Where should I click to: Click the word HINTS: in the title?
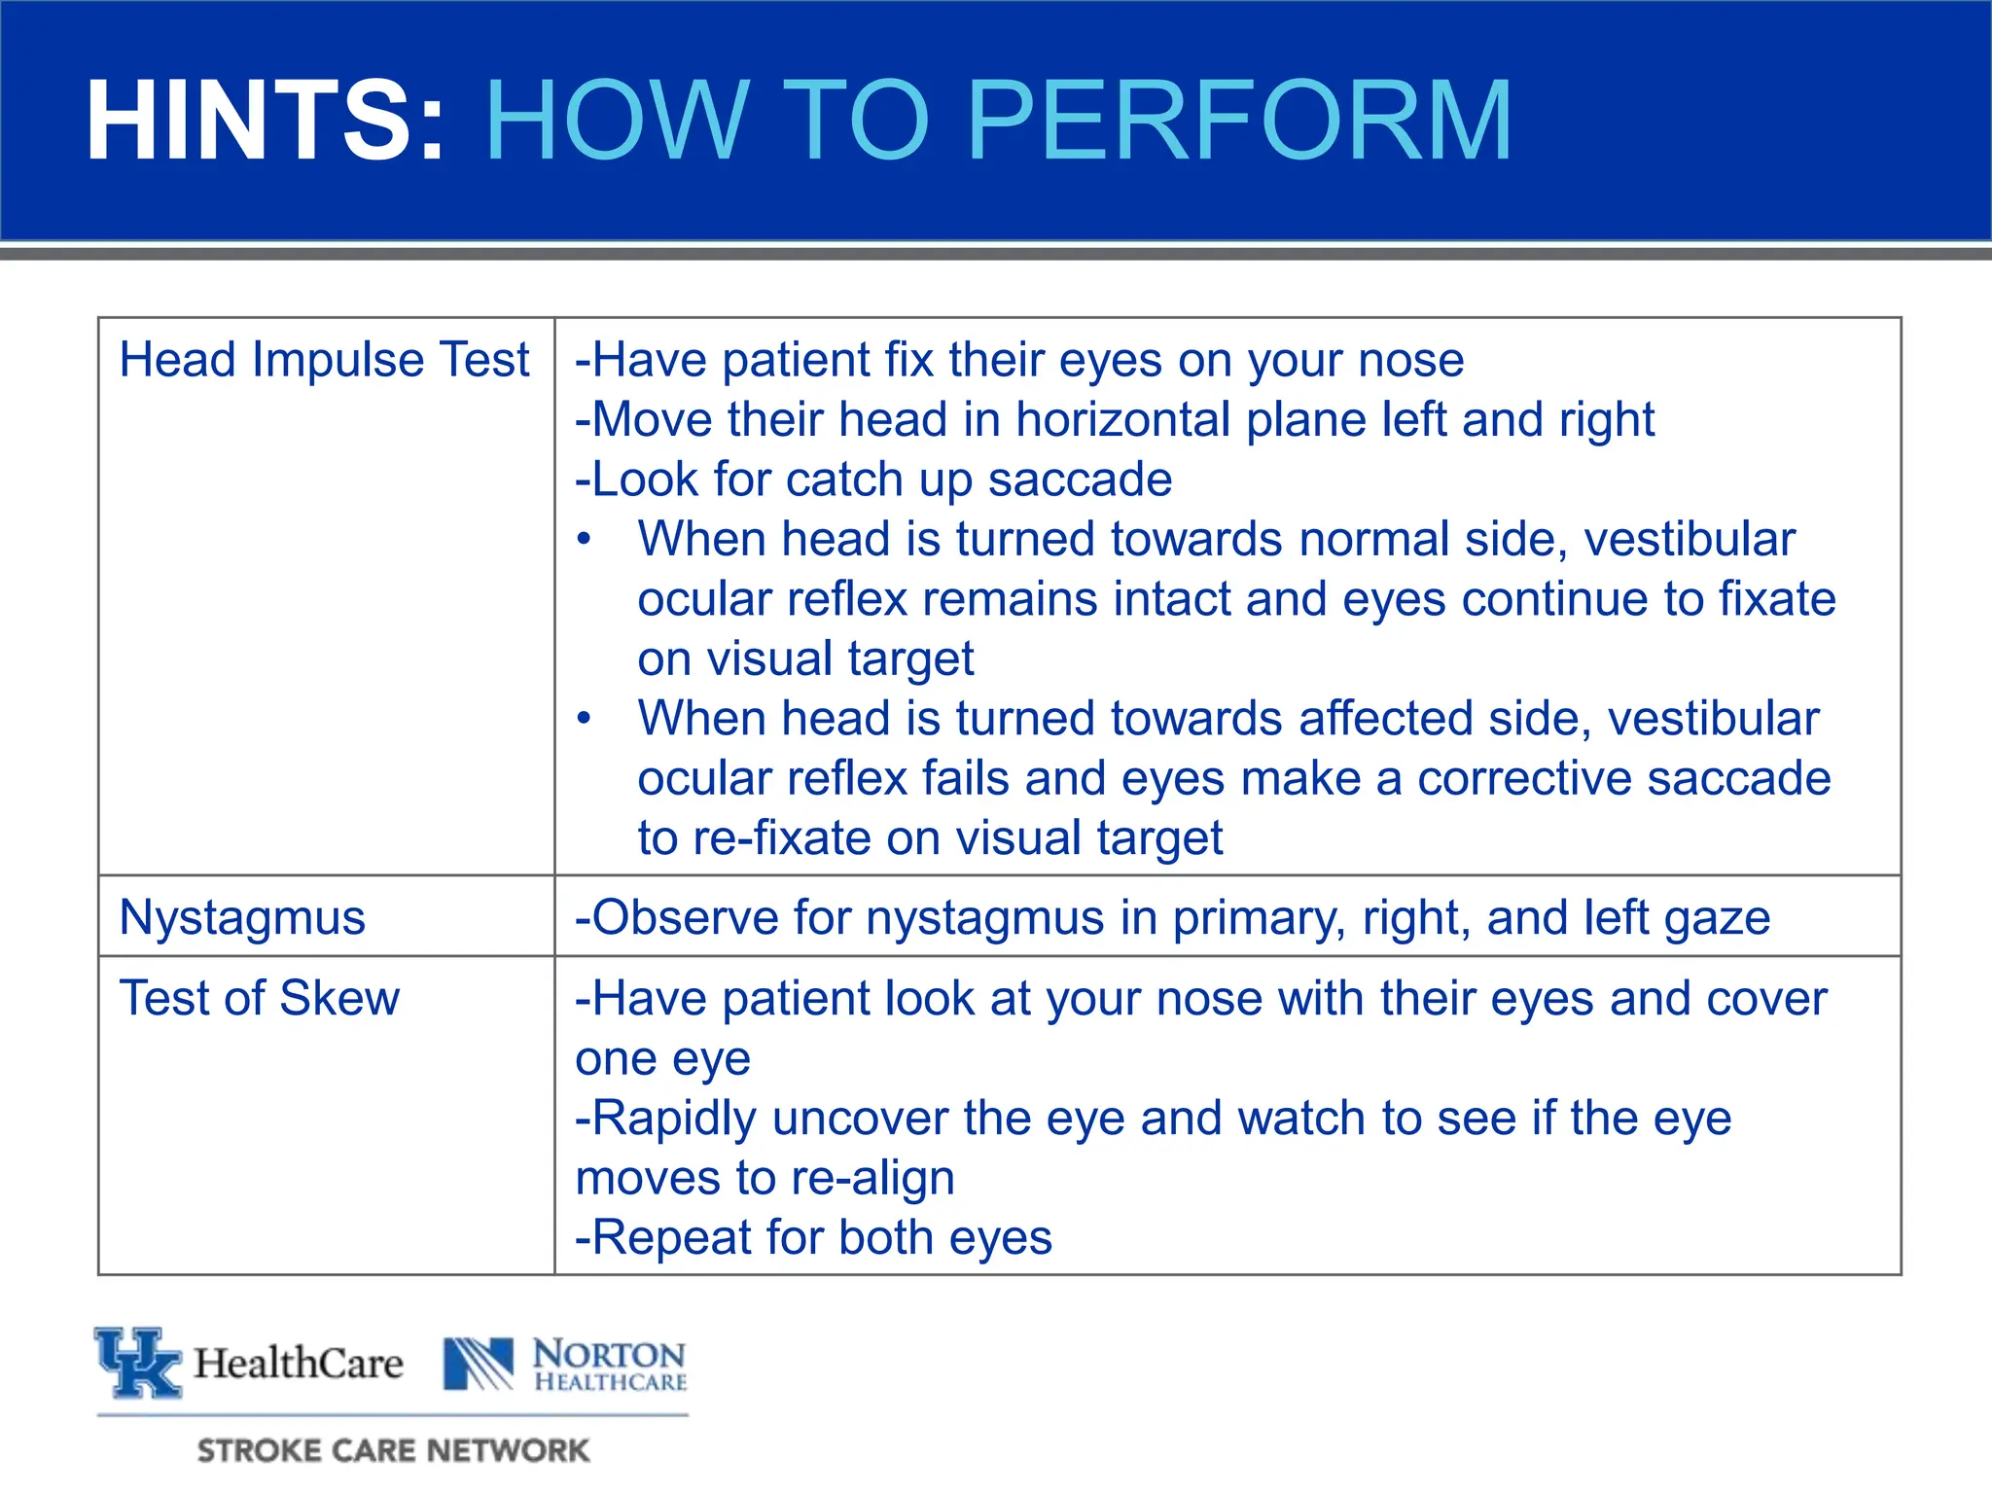(x=265, y=121)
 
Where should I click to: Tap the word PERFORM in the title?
(x=1240, y=121)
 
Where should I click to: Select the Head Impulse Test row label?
(x=324, y=360)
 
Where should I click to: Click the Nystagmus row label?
(x=242, y=918)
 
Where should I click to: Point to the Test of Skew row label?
(x=259, y=999)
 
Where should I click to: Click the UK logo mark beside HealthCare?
(x=138, y=1362)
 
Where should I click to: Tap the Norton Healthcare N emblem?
(x=478, y=1364)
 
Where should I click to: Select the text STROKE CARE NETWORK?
(x=393, y=1450)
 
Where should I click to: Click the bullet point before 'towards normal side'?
(x=584, y=540)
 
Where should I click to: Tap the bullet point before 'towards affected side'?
(x=584, y=719)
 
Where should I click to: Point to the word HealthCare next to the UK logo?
(x=298, y=1364)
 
